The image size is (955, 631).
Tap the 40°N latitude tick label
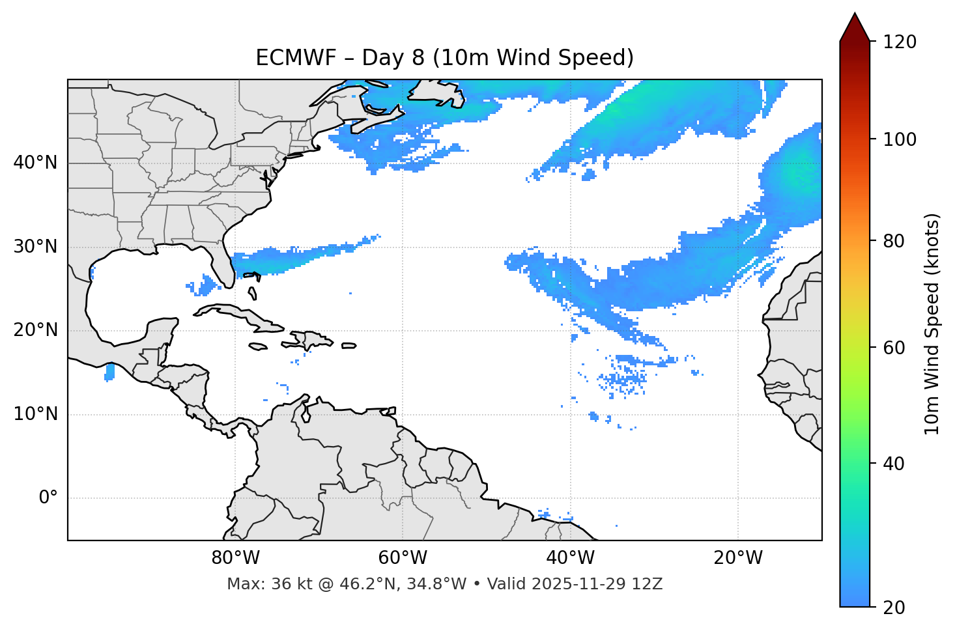(35, 163)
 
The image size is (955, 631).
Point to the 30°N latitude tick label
(35, 247)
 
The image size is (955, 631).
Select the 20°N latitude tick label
(35, 330)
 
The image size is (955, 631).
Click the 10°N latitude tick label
(35, 414)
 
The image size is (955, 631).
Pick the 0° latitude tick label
(48, 498)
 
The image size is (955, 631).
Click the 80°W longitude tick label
(235, 558)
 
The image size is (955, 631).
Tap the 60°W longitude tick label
(402, 558)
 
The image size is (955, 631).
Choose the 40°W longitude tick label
(570, 558)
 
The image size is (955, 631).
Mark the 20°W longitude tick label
(737, 558)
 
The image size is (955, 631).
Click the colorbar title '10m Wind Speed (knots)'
(932, 324)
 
